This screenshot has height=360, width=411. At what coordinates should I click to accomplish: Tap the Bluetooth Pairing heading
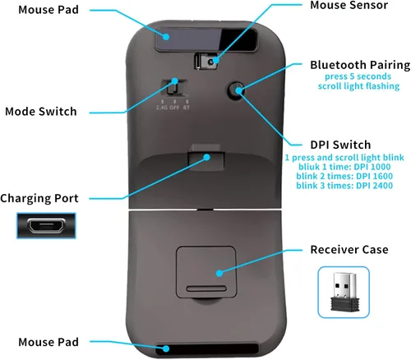359,65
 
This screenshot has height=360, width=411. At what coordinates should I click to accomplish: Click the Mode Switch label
40,111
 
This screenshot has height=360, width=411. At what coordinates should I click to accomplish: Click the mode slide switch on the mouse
174,88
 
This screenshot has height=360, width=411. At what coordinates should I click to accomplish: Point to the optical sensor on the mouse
209,62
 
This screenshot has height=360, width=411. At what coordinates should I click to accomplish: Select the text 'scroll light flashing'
355,85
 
